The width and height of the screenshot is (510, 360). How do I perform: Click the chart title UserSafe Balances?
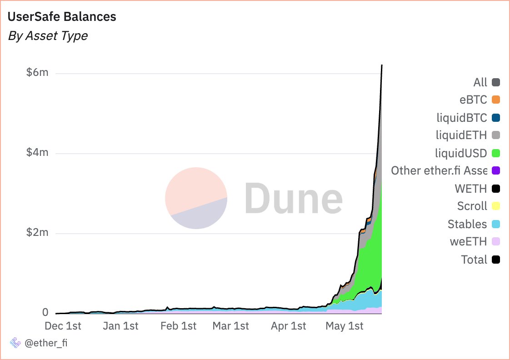(x=62, y=17)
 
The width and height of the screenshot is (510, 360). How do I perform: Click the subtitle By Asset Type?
(x=48, y=36)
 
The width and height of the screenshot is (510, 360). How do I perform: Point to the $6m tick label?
(x=37, y=73)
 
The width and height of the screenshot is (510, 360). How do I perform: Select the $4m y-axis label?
(x=37, y=153)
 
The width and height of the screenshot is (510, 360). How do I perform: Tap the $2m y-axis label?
(x=37, y=233)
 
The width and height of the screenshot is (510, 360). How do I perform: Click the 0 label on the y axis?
(x=45, y=313)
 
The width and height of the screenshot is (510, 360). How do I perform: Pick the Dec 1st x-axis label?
(x=63, y=326)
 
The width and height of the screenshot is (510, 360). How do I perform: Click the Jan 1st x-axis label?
(x=120, y=326)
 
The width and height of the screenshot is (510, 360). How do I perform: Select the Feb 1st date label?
(x=179, y=326)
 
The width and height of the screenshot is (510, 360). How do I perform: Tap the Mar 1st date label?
(x=231, y=326)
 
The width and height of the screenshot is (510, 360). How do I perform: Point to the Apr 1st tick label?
(x=289, y=326)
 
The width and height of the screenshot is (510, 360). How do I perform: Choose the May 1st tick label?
(x=345, y=326)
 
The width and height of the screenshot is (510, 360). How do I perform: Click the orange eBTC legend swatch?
(x=496, y=100)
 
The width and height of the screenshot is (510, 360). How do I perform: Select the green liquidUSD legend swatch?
(x=496, y=153)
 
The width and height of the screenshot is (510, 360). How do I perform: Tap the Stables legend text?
(x=467, y=224)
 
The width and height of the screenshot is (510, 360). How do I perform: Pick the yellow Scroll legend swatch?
(x=496, y=206)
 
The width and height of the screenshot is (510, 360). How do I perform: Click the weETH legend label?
(x=468, y=242)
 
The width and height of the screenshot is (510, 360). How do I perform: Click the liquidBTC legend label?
(x=461, y=118)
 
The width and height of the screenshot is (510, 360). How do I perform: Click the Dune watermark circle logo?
(x=196, y=198)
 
